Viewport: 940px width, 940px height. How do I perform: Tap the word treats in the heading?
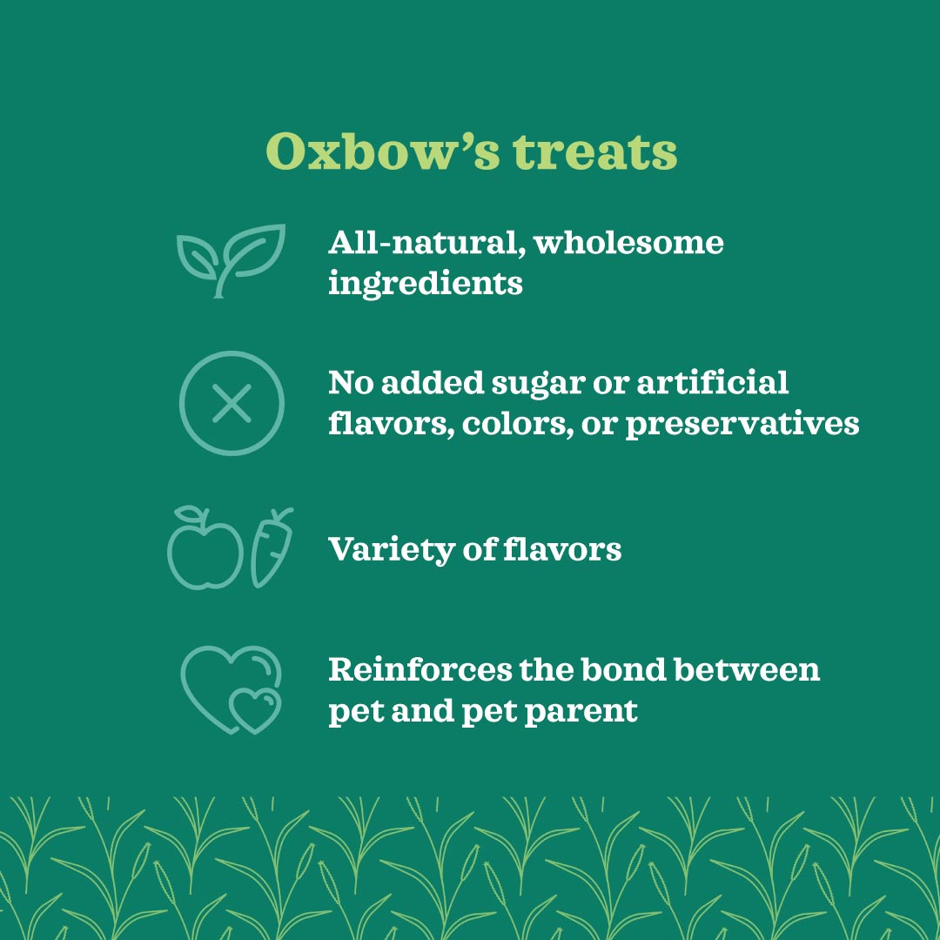(x=594, y=153)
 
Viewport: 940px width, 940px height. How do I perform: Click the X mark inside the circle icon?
(x=232, y=404)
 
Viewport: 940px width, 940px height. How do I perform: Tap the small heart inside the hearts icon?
(x=255, y=708)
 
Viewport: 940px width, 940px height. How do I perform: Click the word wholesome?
(x=628, y=242)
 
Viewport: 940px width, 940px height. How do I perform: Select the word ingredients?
(x=426, y=284)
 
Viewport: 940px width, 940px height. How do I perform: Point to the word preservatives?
(x=742, y=425)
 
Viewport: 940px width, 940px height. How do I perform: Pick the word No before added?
(x=350, y=382)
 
